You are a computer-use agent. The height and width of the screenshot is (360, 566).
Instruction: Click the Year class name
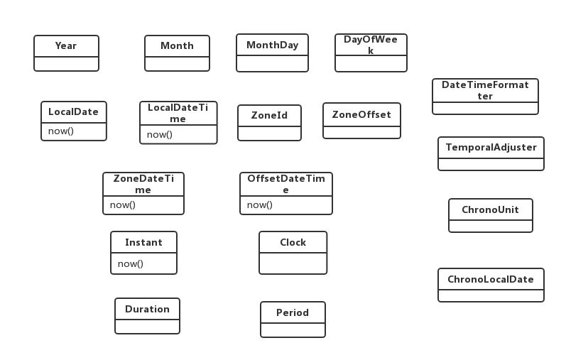click(x=66, y=46)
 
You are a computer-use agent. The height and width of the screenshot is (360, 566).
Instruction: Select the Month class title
click(x=178, y=46)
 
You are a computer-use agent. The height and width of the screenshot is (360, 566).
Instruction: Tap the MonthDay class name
click(x=273, y=45)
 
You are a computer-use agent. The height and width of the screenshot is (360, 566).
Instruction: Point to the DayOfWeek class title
click(x=371, y=45)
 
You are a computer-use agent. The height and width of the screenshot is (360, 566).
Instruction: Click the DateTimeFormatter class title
click(x=485, y=90)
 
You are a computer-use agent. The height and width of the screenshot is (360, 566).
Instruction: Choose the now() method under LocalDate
click(x=61, y=131)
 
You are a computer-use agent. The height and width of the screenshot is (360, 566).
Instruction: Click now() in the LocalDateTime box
click(x=160, y=135)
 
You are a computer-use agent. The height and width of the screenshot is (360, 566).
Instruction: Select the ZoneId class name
click(x=270, y=116)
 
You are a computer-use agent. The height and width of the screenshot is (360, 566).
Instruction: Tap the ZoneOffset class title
click(x=361, y=115)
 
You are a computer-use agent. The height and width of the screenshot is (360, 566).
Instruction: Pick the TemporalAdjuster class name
click(x=491, y=147)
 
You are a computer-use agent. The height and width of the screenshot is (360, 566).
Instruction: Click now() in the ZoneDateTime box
click(x=123, y=205)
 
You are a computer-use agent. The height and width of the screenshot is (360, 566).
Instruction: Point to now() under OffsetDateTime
click(x=260, y=205)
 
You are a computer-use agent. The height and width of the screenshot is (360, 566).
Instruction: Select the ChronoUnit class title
click(x=491, y=209)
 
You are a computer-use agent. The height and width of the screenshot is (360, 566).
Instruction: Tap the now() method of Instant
click(x=131, y=264)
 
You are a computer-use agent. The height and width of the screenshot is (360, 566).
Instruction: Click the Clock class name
click(x=293, y=242)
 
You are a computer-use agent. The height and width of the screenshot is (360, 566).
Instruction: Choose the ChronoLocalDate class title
click(x=491, y=280)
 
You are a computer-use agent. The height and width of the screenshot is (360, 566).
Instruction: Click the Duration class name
click(x=147, y=309)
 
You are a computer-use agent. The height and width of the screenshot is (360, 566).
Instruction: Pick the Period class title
click(x=293, y=312)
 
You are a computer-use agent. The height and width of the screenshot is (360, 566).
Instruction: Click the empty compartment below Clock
click(x=293, y=263)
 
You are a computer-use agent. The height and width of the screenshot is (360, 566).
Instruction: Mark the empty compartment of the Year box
click(x=67, y=64)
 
